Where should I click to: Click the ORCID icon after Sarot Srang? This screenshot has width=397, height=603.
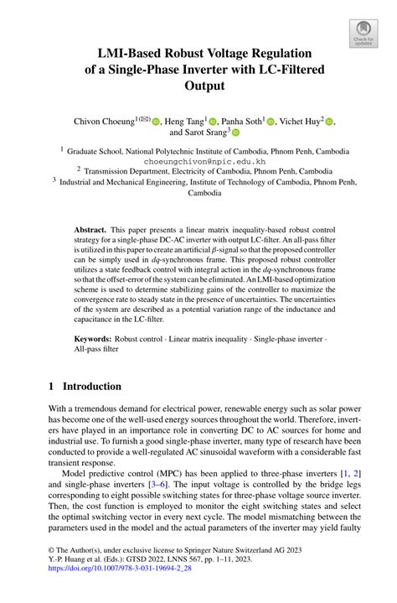click(235, 133)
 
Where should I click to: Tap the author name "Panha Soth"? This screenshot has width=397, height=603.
click(240, 121)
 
